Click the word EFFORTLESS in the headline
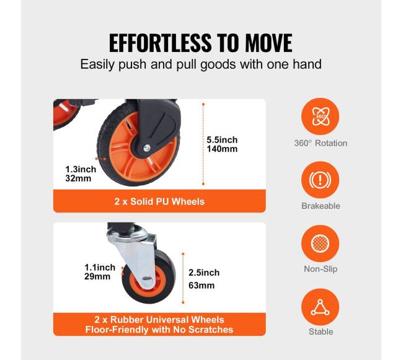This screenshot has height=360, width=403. tap(161, 43)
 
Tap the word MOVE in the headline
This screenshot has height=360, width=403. tap(268, 43)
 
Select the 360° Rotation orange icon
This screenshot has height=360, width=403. tap(321, 116)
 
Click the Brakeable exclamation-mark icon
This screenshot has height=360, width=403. tap(321, 180)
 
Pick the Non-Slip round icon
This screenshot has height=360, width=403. tap(321, 243)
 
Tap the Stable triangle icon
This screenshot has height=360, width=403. tap(321, 307)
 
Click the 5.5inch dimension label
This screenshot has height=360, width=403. tap(222, 140)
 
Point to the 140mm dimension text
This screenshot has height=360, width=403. tap(222, 149)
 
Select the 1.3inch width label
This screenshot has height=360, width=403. tap(81, 170)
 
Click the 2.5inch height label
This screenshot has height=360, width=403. tap(204, 273)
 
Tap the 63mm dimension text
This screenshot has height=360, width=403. tap(201, 285)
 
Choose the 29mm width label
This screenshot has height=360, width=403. tap(97, 276)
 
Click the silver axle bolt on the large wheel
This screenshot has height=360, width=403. tap(147, 147)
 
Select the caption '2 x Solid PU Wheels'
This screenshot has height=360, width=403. tap(159, 201)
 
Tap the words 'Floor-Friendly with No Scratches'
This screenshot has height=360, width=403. tap(159, 330)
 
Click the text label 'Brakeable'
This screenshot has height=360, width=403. tap(321, 206)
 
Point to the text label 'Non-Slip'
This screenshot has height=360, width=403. tap(321, 269)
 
